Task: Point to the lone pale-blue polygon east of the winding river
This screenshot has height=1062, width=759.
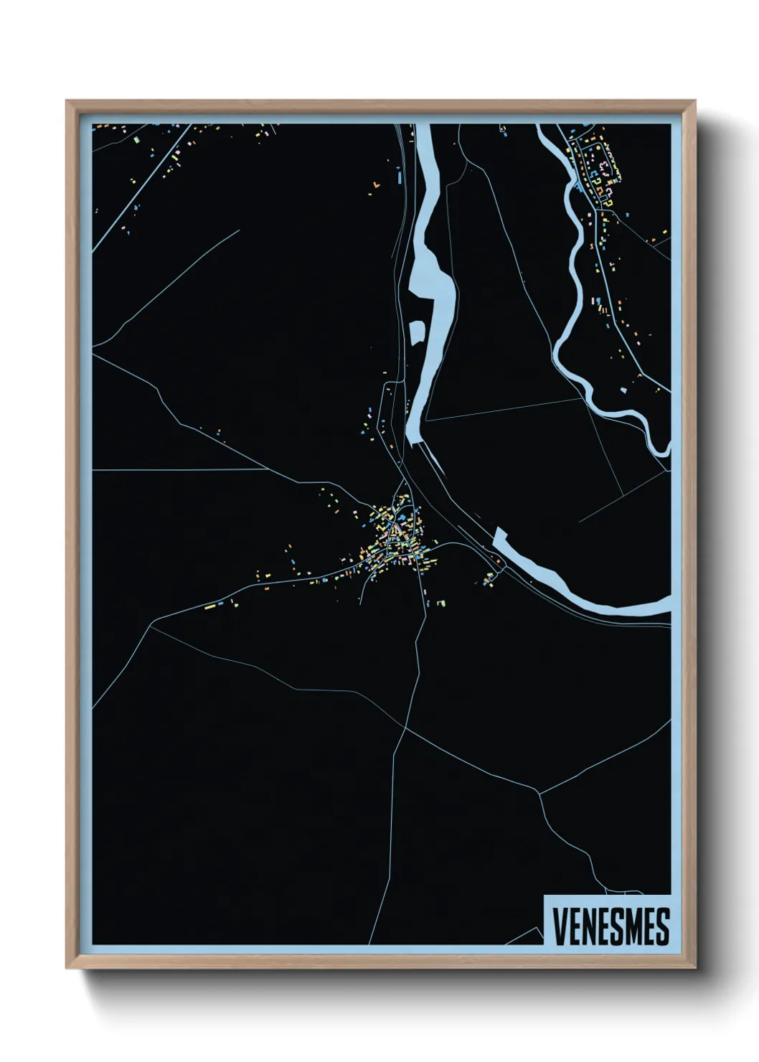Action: pos(623,390)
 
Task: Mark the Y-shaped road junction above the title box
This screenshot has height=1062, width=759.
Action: pos(539,793)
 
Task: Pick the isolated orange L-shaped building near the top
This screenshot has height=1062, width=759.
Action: pos(374,188)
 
